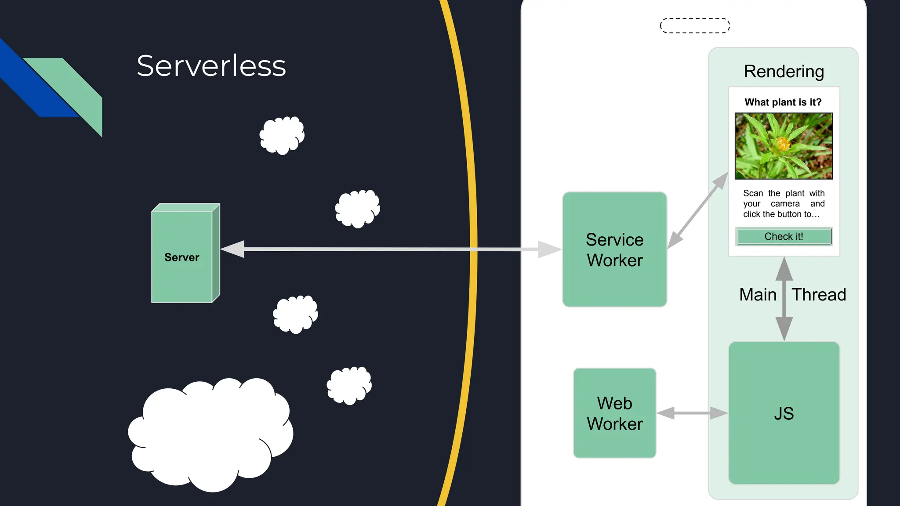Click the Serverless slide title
211,66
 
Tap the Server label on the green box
181,257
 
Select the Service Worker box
614,249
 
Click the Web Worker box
614,413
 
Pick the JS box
784,413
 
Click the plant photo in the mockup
784,146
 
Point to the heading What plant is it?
783,102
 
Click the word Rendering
784,71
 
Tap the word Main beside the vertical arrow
758,295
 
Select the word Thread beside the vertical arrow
819,295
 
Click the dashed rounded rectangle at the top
695,25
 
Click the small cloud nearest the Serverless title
282,135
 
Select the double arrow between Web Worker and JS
692,413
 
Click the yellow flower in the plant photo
783,143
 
